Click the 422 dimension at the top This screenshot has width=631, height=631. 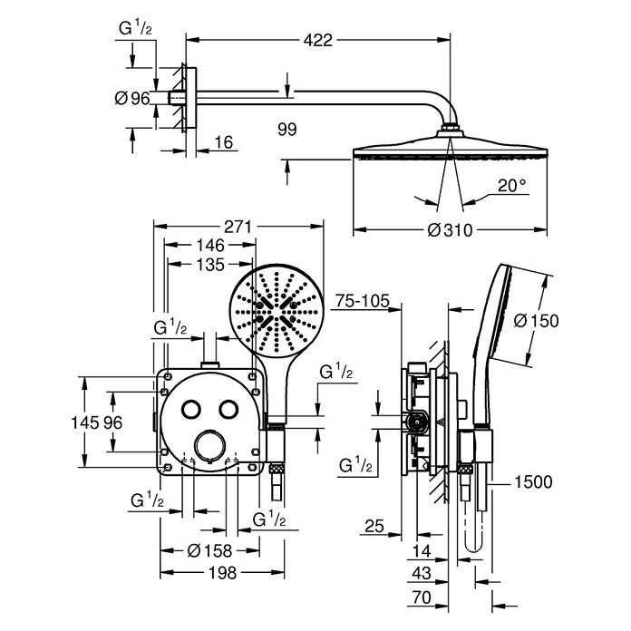318,40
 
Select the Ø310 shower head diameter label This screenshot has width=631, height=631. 450,230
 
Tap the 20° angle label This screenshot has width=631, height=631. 511,186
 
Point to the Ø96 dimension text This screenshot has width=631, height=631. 132,98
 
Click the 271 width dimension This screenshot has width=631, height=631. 238,227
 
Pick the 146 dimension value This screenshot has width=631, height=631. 210,245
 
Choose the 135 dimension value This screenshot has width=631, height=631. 210,265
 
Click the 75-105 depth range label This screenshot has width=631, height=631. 363,301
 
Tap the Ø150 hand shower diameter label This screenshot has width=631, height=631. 536,321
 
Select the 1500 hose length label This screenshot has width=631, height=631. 534,481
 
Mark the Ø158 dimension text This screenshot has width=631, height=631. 209,550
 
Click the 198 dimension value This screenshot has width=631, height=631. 222,573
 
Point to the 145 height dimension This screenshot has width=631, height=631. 85,423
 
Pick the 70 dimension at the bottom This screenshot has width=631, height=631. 422,597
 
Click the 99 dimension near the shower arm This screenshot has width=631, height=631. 286,130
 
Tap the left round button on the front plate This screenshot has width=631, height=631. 190,409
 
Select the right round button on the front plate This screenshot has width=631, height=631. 229,409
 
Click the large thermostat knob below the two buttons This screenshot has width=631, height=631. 209,445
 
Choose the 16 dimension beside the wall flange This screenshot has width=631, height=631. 224,142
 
